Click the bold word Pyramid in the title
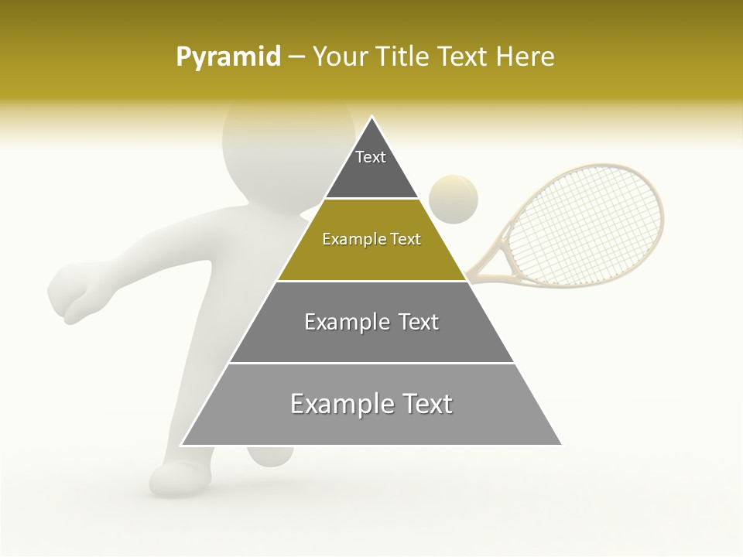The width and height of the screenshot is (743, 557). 228,57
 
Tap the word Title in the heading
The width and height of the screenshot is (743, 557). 403,57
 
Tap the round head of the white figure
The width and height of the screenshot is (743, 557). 263,139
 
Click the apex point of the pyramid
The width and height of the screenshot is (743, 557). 371,117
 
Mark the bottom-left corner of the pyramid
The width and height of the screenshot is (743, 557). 182,445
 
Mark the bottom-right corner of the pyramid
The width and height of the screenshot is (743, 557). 561,445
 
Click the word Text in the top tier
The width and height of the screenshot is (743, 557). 371,157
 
